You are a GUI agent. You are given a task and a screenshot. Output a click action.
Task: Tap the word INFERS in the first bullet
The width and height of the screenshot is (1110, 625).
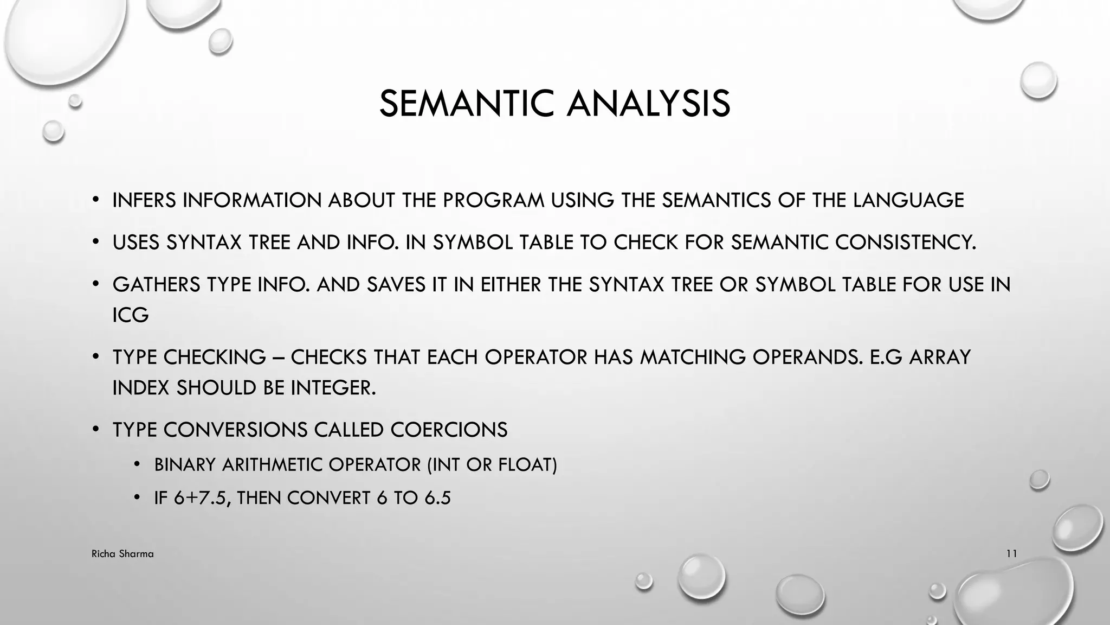coord(144,200)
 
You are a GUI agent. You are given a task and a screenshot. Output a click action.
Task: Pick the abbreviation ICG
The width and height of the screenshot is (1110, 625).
coord(131,315)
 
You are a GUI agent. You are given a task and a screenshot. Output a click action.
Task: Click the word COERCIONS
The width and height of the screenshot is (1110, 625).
coord(449,430)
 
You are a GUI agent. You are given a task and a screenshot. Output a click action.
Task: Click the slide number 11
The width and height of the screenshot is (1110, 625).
coord(1011,554)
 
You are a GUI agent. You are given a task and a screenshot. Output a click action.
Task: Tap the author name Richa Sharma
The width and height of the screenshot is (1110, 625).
coord(122,554)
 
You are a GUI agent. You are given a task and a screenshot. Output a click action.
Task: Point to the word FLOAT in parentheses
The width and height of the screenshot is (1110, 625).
coord(525,465)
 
